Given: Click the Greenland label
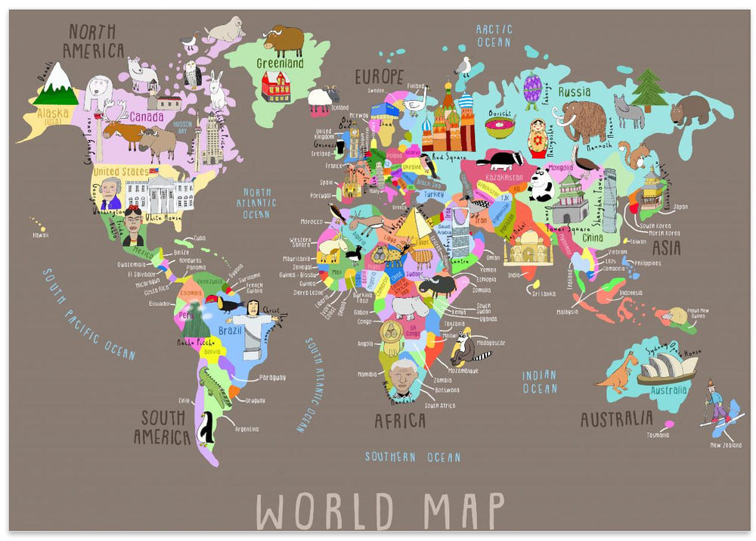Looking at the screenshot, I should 280,64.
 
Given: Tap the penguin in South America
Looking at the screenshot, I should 206,431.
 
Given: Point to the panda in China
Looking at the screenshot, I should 541,185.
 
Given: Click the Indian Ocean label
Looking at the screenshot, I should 539,381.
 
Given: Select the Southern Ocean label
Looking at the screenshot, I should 412,457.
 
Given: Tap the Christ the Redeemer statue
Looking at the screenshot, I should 253,322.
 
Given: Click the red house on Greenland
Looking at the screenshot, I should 276,86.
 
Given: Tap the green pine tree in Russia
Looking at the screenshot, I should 647,89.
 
